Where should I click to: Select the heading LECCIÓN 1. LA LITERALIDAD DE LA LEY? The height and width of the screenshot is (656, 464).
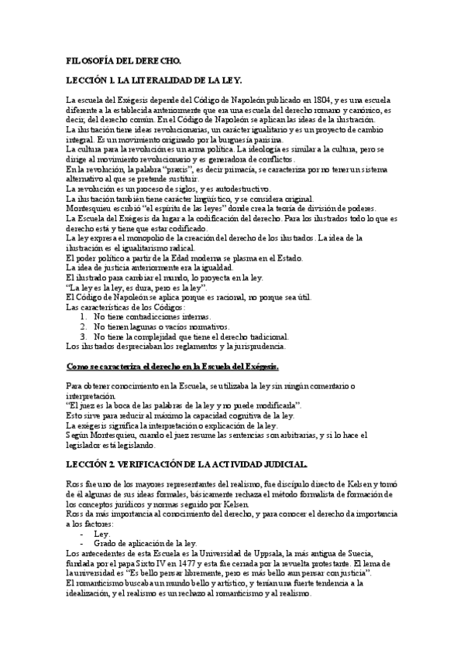[154, 80]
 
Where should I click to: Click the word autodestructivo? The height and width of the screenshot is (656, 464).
[242, 189]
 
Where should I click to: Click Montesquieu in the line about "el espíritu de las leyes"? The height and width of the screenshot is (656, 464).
[95, 209]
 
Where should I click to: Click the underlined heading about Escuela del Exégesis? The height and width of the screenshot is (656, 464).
[173, 366]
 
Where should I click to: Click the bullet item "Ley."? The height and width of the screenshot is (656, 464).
[101, 533]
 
